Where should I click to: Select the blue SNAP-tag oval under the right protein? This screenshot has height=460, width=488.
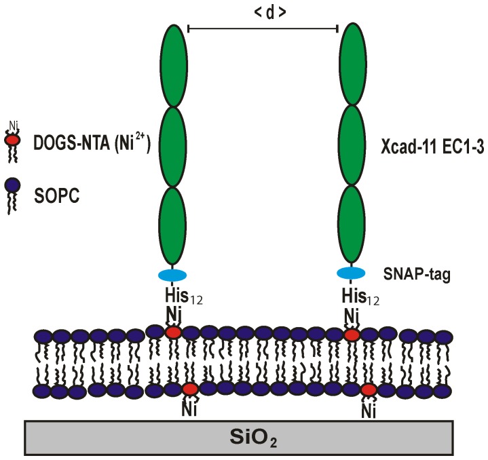click(353, 273)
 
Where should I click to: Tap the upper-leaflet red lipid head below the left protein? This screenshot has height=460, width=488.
click(173, 332)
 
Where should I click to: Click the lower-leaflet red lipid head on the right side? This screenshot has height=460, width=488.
click(369, 390)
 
